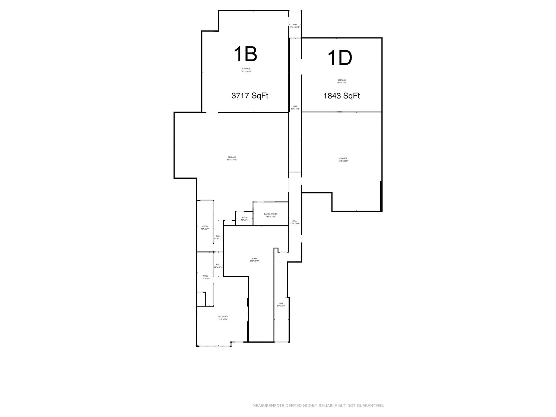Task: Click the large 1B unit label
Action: coord(245,54)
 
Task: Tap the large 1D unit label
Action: coord(340,58)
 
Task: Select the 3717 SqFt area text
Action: coord(250,96)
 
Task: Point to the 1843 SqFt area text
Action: coord(342,96)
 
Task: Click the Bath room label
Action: coord(245,219)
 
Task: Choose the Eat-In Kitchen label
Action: coord(271,215)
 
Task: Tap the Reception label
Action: coord(223,318)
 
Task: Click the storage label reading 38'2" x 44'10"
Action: coord(246,70)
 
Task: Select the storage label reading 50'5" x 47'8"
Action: coord(232,159)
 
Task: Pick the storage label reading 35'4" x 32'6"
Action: coord(342,81)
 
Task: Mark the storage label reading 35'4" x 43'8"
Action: coord(343,160)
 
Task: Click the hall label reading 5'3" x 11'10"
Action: coord(295,26)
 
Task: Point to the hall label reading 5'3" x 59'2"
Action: coord(295,108)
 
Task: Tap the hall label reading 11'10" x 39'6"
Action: coord(295,222)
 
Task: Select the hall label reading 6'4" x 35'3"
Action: coord(281,305)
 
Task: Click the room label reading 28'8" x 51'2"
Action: coord(254,260)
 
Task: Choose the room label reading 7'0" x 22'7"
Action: coord(205,228)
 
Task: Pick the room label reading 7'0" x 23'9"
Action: coord(206,277)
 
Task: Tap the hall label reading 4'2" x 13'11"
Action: coord(219,237)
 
